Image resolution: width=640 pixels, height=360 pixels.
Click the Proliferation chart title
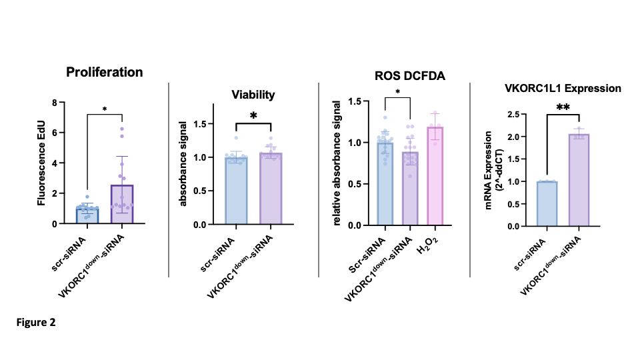(x=105, y=72)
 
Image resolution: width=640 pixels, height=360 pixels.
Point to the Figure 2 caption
(x=36, y=323)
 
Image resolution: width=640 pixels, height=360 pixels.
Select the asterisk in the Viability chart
(x=253, y=117)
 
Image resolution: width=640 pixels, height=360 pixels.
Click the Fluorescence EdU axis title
(x=42, y=163)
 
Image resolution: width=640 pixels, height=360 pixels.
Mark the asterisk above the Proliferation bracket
(x=105, y=109)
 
